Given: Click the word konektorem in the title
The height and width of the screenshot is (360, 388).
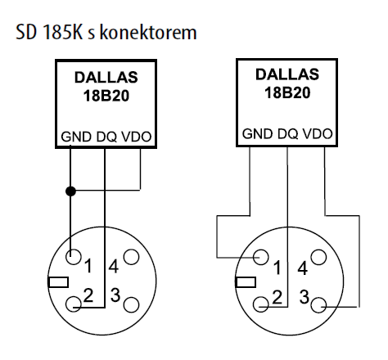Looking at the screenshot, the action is (x=148, y=32).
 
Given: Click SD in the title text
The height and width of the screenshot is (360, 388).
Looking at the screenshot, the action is (x=26, y=32).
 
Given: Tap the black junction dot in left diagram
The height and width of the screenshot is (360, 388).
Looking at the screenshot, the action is (x=70, y=191).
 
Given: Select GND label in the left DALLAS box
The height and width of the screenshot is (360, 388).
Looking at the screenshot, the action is (x=76, y=137).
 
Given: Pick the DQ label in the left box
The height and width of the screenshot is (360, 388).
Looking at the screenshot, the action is (x=106, y=137).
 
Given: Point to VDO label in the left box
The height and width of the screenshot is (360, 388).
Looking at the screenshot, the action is (x=137, y=137).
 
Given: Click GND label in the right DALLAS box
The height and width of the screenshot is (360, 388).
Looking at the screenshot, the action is (x=257, y=133).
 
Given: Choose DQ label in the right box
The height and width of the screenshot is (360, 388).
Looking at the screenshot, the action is (x=288, y=134).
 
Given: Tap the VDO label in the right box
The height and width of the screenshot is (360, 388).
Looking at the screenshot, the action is (x=318, y=133).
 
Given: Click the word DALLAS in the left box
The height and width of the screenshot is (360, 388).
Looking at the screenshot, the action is (x=106, y=77).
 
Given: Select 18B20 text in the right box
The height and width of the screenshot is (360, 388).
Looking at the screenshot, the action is (x=287, y=92).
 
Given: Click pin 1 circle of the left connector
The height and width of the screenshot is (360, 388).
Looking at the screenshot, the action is (x=74, y=257).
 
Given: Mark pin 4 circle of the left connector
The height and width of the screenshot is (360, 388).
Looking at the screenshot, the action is (x=131, y=257).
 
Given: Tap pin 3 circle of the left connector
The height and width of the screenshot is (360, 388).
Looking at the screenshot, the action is (x=131, y=304).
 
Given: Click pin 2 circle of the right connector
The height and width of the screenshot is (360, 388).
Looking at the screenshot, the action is (x=261, y=304).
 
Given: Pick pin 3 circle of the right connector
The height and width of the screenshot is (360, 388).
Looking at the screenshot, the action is (x=318, y=305).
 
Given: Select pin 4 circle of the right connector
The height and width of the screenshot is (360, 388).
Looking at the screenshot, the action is (x=318, y=257).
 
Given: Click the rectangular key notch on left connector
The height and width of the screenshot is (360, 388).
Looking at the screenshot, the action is (x=58, y=282).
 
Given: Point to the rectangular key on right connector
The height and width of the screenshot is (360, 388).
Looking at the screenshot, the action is (x=246, y=282).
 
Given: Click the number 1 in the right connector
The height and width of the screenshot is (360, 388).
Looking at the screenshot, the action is (x=277, y=268).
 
